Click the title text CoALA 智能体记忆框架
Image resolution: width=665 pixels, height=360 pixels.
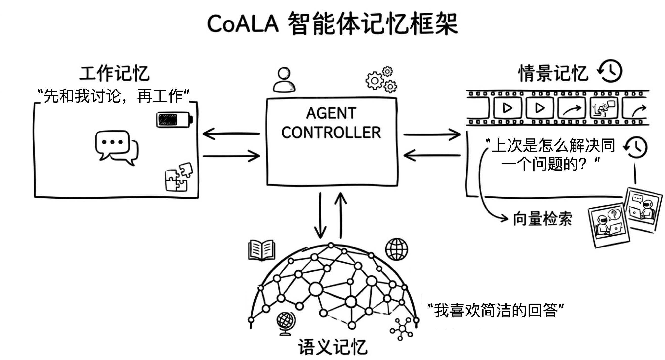point(332,24)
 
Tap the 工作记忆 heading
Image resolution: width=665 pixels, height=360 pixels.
point(114,73)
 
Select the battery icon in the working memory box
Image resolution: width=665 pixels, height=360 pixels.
point(175,120)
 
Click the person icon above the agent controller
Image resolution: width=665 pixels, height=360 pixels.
point(284,80)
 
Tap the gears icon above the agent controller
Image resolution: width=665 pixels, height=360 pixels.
point(381,80)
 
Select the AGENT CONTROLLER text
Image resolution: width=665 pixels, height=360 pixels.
point(332,123)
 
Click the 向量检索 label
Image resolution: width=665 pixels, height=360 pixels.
point(542,219)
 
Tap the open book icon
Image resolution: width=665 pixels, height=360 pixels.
point(262,250)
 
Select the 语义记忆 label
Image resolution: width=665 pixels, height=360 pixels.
point(332,347)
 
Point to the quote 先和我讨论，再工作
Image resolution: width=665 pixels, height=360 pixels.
point(113,96)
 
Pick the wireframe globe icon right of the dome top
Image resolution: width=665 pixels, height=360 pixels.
point(397,249)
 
